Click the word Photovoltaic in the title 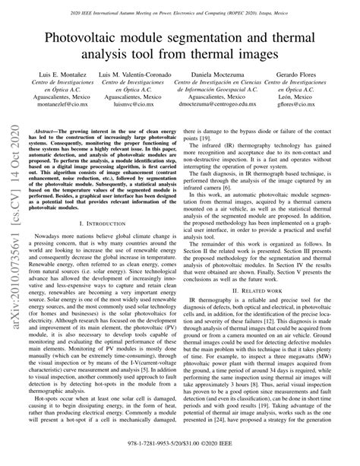pos(87,37)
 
